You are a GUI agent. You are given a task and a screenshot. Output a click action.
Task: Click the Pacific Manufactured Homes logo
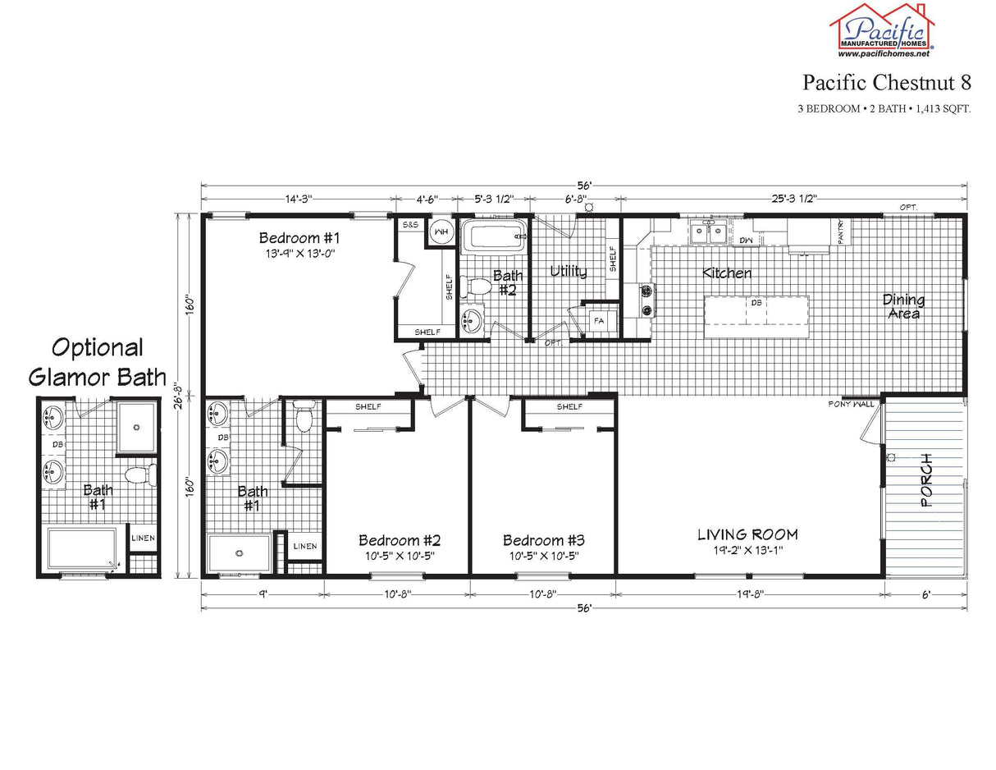pos(883,30)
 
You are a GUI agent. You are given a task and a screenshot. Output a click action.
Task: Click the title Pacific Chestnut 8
pos(887,82)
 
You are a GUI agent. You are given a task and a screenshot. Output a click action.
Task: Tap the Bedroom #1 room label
pos(299,238)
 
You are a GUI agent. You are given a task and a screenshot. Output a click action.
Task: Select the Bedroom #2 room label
pos(400,540)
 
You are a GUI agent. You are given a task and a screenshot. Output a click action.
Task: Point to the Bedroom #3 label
pos(543,540)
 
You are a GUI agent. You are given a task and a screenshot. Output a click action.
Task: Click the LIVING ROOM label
pos(747,534)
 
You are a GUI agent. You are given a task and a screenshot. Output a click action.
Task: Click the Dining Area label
pos(903,306)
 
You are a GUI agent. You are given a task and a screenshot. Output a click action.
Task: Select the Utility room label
pos(569,272)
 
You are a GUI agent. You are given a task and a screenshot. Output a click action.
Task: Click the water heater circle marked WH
pos(441,231)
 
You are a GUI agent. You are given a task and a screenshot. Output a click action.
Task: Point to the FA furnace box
pos(599,321)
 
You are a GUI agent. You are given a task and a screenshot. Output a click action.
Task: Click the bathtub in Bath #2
pos(493,236)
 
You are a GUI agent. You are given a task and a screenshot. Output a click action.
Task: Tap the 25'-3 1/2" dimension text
pos(793,199)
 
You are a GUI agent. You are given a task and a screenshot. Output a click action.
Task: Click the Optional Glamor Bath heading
pos(97,362)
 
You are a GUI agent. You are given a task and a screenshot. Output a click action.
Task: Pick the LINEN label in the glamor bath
pos(144,539)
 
